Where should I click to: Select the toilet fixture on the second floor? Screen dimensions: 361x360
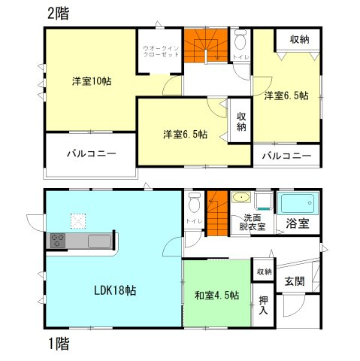(241, 39)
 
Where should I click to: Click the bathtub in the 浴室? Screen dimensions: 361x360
(298, 203)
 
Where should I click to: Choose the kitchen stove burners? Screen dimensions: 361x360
(58, 242)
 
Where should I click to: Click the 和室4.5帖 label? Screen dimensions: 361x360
(216, 296)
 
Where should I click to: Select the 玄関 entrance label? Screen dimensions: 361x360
(294, 281)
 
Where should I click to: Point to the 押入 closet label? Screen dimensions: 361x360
(263, 304)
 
